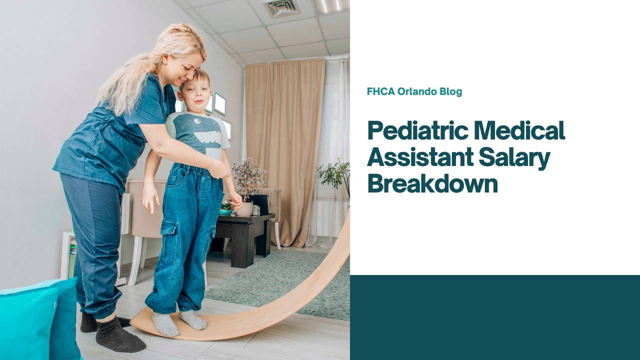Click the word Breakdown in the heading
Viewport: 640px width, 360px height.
(432, 183)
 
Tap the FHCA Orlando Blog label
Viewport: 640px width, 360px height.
(414, 91)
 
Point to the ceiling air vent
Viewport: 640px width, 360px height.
(280, 7)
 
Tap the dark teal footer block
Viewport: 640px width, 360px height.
(494, 317)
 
